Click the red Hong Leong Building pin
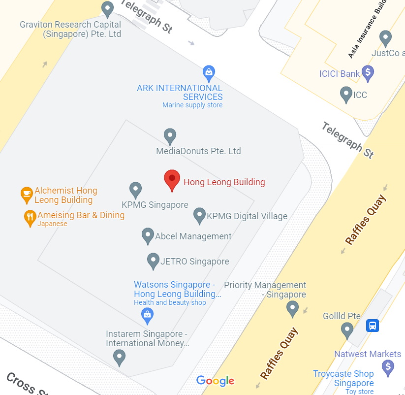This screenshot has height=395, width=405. pos(172,180)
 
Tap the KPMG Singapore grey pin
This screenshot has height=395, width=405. pos(135,190)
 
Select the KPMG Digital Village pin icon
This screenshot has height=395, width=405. pos(199,215)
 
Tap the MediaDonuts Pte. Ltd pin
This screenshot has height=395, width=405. pos(170,136)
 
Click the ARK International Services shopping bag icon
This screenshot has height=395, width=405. pos(209,73)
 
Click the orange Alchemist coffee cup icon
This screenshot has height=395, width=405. pos(26,195)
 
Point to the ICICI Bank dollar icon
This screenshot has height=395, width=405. pos(368,73)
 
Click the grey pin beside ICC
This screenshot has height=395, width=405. pos(346,94)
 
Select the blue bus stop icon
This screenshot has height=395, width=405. pos(373,326)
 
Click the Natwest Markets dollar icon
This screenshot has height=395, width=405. pos(388,367)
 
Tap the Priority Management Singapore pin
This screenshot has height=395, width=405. pos(292,309)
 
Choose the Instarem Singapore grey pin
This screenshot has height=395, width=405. pos(119,357)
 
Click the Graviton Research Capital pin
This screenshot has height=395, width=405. pos(107,9)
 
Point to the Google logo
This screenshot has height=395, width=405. pos(215,381)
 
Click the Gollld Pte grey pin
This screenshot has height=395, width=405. pos(347,330)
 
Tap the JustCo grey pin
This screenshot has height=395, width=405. pos(386,37)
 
